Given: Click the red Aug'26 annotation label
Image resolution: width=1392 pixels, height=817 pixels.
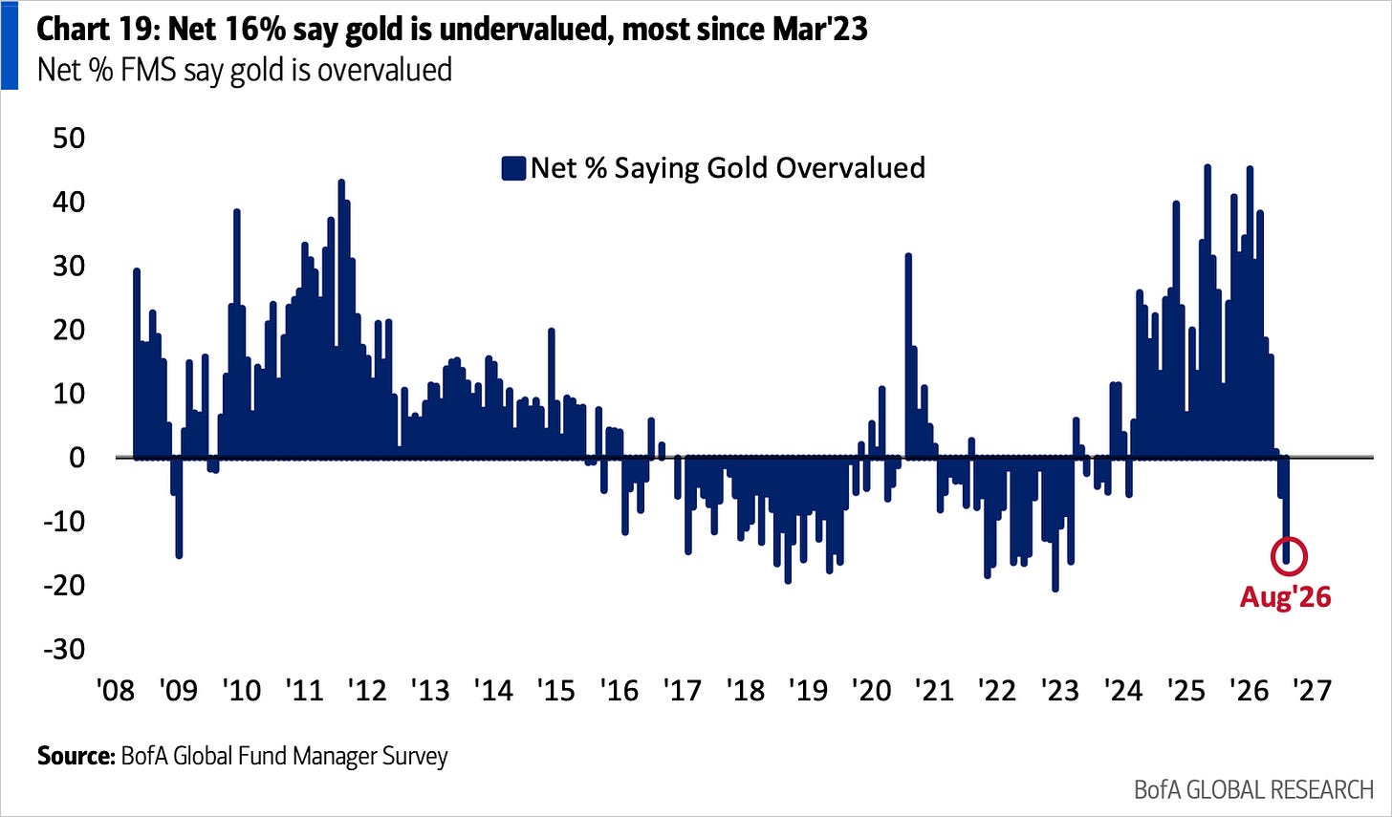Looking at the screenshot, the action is (1285, 597).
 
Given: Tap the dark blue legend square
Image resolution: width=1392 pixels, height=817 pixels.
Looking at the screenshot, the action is (513, 168).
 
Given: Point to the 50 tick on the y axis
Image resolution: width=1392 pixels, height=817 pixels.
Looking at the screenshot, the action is (69, 138).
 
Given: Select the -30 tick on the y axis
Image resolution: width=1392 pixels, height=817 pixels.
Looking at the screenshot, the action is (65, 649).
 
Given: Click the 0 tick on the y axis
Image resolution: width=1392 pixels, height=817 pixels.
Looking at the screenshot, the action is (77, 458).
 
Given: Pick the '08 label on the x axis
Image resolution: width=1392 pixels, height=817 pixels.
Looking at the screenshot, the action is (117, 691).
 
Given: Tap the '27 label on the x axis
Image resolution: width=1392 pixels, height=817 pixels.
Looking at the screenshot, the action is (1313, 691).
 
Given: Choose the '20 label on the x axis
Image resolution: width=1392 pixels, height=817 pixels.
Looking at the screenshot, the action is (872, 691).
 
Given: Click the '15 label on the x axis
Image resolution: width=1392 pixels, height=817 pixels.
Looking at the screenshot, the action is (556, 691).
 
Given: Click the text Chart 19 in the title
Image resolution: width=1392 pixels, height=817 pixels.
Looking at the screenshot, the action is (98, 30).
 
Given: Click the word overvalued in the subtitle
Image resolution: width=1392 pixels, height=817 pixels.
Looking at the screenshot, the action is (384, 70).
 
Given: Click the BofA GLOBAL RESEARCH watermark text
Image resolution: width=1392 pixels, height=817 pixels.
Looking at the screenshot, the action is (1254, 789).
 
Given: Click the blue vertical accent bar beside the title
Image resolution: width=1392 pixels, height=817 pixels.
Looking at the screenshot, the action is (10, 45).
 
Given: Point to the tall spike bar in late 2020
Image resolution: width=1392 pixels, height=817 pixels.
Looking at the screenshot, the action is (908, 356).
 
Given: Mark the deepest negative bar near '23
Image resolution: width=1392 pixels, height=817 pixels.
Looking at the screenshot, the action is (1055, 525).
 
